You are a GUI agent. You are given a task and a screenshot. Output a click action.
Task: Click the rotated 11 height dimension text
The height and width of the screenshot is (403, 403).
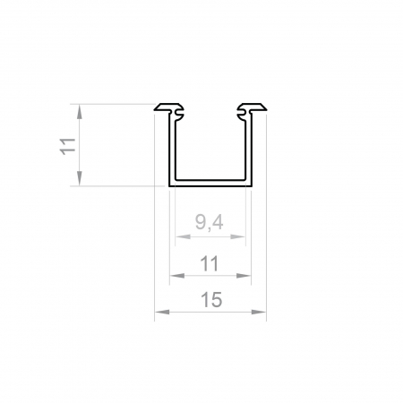(66, 146)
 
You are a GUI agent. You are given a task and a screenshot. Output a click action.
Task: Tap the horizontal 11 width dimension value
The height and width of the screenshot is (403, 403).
(210, 264)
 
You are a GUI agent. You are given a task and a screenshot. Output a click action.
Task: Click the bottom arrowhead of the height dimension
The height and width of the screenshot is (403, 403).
(80, 181)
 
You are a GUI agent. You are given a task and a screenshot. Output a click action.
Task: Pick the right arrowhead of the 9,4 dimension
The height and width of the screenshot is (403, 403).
(241, 238)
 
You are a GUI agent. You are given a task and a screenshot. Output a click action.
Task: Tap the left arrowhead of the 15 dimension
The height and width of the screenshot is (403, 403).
(159, 313)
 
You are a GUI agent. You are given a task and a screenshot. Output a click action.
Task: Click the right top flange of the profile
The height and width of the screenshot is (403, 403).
(253, 110)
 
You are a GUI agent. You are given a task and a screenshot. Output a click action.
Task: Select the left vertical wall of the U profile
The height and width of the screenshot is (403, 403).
(171, 148)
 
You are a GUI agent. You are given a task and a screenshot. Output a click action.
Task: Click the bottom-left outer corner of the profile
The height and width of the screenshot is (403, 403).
(169, 186)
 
